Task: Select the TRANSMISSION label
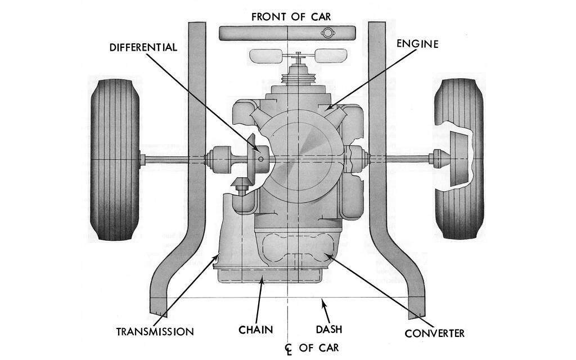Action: coord(155,331)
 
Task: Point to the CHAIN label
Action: coord(253,328)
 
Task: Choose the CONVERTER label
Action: coord(435,333)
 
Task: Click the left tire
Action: coord(114,159)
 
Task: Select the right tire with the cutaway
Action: coord(458,159)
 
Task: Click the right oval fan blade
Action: coord(331,56)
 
